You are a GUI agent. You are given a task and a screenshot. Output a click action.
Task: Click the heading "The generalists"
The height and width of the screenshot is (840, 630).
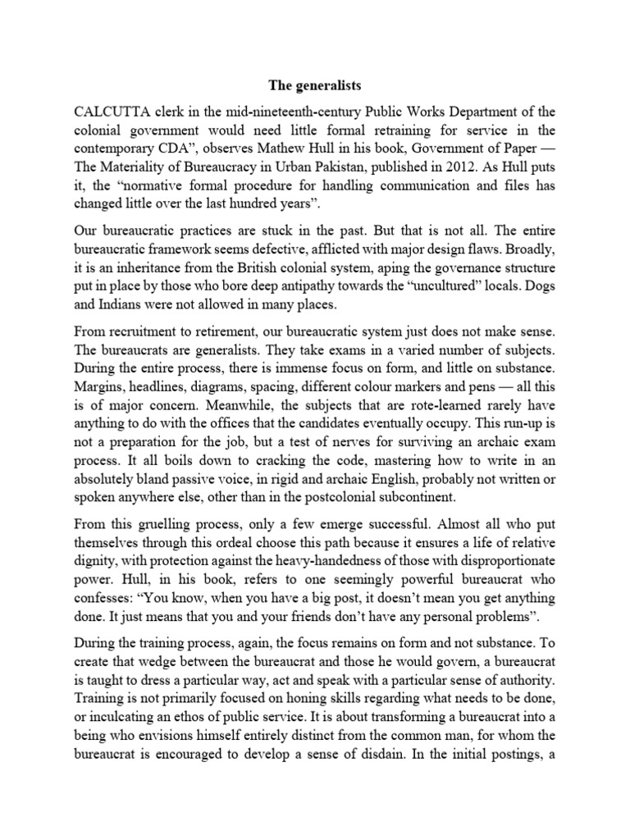click(x=315, y=84)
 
